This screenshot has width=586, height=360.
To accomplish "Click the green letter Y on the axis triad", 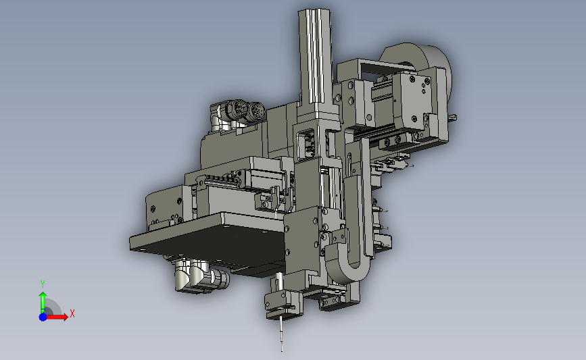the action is [43, 284].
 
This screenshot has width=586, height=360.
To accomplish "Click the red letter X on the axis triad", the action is [72, 313].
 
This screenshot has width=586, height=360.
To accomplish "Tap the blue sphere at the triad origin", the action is [43, 317].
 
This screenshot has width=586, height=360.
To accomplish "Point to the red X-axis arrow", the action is [56, 317].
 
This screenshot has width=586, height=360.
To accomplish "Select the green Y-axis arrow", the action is [43, 303].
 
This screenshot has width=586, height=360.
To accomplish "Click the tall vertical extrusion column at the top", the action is [315, 56].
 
